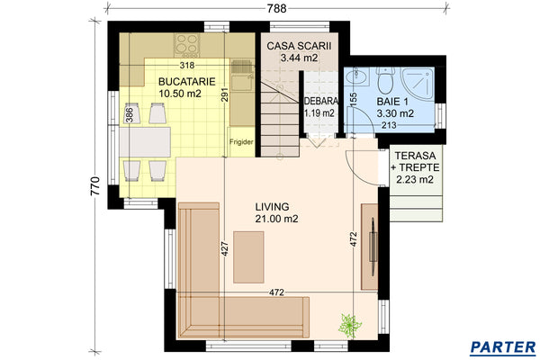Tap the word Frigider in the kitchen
point(241,142)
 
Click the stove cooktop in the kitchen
point(187,44)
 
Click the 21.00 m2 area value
point(275,219)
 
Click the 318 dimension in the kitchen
point(187,65)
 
